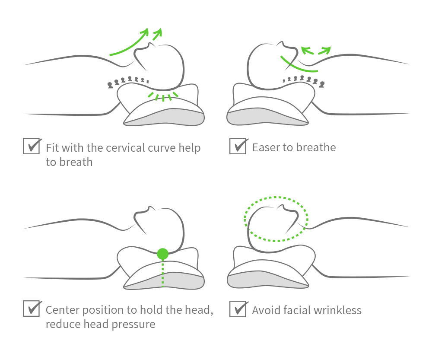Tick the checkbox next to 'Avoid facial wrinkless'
pyautogui.click(x=237, y=309)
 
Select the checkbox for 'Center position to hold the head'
pyautogui.click(x=31, y=309)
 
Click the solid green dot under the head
pyautogui.click(x=162, y=254)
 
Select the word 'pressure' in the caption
pyautogui.click(x=134, y=325)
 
